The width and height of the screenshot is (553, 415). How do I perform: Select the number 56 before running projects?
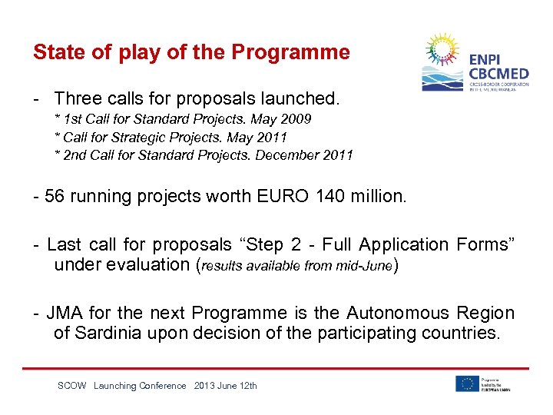point(54,196)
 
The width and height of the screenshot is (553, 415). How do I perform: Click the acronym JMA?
point(65,313)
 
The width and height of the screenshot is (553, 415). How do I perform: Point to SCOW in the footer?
point(71,386)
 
